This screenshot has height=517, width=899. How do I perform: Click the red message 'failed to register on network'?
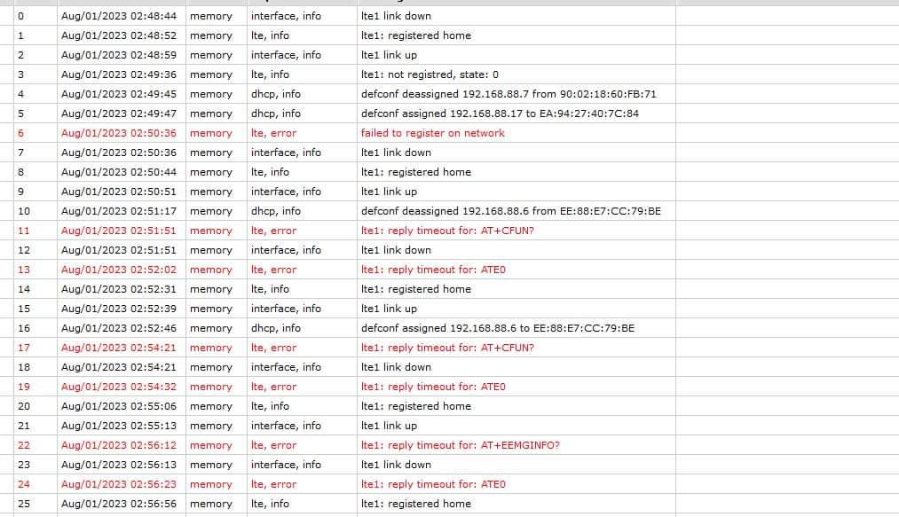(432, 133)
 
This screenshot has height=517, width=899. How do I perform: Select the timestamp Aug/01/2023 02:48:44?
(118, 16)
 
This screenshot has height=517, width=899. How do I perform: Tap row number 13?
(24, 270)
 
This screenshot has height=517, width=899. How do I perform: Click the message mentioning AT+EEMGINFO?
(460, 445)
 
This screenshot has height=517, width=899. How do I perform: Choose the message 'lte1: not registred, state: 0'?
(430, 74)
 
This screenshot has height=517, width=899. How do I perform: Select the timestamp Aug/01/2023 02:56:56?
(118, 504)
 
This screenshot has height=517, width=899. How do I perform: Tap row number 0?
(20, 16)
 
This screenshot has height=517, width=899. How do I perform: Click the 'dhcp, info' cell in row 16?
(275, 328)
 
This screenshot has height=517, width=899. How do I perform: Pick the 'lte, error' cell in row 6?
(273, 133)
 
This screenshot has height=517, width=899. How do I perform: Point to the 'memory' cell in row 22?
(210, 445)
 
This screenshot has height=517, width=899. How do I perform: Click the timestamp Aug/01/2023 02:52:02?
(118, 270)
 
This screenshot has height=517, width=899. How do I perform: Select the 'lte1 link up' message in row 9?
(389, 192)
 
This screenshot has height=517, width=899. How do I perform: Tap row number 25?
(24, 504)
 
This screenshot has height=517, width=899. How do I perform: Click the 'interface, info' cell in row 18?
(286, 367)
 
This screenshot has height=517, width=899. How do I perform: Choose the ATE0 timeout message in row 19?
(433, 387)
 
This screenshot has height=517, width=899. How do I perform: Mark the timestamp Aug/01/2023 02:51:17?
(118, 211)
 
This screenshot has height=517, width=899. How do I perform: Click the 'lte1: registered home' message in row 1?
(415, 35)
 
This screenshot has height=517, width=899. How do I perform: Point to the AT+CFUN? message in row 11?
(447, 231)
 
